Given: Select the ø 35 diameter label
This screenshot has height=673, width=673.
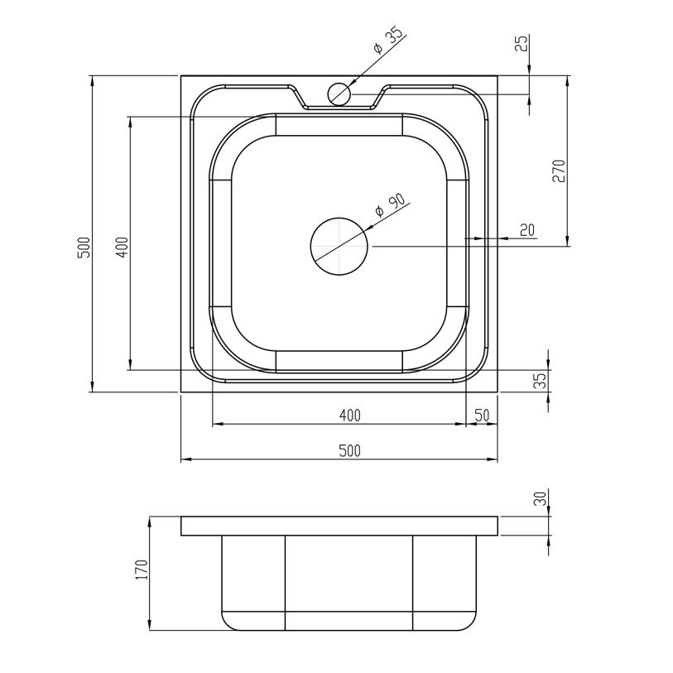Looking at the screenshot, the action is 388,41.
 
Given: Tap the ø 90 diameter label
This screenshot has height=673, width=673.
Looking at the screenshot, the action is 390,206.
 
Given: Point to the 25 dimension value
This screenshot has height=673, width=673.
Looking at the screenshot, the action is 522,43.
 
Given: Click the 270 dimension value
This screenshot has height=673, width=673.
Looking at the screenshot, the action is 559,171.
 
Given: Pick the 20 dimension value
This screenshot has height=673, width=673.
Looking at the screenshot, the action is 527,230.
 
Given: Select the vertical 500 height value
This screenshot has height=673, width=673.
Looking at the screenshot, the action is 85,247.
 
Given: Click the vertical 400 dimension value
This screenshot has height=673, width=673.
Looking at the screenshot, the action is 122,247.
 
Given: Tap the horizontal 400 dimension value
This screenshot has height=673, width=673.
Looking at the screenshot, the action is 350,415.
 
